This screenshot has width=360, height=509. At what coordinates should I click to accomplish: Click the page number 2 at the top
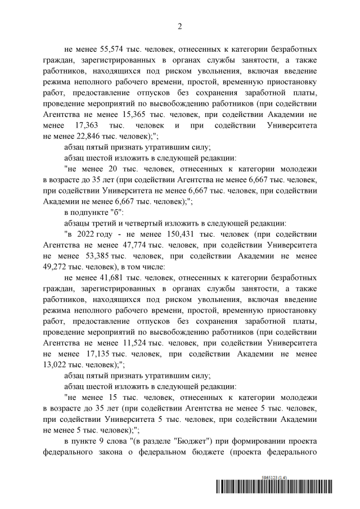[180, 26]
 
